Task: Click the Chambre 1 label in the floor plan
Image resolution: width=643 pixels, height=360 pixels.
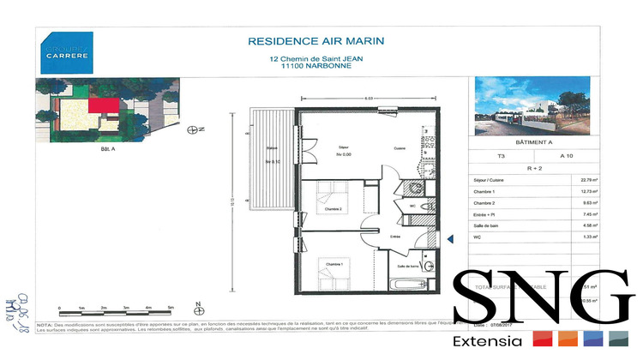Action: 333,263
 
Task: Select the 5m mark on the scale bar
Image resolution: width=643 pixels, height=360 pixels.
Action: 171,306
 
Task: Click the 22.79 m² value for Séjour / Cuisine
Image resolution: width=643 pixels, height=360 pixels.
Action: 590,180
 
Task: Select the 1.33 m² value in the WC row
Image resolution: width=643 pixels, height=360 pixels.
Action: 590,236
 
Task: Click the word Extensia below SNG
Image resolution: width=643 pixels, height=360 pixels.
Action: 488,341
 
